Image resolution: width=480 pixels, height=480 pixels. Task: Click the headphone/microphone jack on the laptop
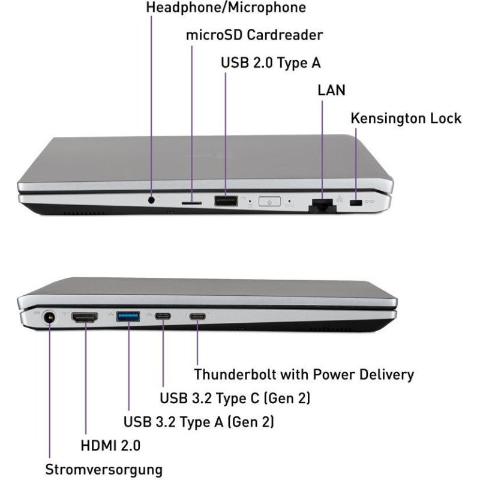151,200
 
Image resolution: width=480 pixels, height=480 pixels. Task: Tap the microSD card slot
191,203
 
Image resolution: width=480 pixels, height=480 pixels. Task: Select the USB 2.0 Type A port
226,201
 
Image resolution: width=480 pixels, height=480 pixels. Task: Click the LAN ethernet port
322,205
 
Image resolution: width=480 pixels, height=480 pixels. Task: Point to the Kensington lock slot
356,202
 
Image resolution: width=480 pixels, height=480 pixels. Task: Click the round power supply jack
49,317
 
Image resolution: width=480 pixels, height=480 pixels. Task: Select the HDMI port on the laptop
85,317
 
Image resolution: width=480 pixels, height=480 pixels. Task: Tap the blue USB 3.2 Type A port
128,317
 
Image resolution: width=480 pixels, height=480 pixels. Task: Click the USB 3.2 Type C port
163,316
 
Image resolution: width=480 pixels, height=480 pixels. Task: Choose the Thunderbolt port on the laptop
197,316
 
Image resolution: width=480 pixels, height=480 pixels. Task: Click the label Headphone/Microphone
226,8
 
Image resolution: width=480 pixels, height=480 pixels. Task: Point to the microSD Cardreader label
254,35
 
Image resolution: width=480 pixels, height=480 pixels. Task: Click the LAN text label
332,90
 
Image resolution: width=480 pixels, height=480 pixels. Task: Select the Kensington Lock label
406,118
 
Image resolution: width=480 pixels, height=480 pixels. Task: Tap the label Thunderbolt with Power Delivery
304,374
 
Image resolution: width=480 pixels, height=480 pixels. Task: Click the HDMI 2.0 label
110,445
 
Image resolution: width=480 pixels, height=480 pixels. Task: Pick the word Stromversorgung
104,470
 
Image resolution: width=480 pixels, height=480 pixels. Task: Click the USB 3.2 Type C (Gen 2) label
235,398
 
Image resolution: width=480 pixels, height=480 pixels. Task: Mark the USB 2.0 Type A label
271,63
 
